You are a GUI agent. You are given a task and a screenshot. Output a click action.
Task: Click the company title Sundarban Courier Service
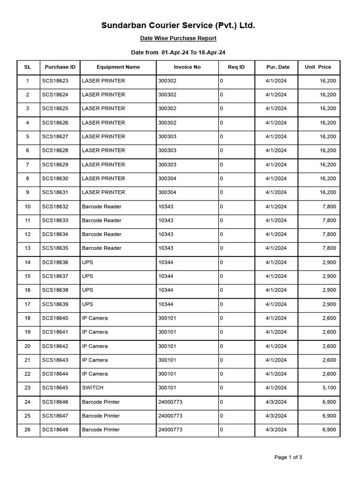[x=178, y=25]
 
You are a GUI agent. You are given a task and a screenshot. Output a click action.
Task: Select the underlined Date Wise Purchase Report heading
[x=179, y=38]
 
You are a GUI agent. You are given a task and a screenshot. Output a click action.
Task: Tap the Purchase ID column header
[x=60, y=67]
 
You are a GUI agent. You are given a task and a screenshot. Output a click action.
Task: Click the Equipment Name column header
[x=118, y=67]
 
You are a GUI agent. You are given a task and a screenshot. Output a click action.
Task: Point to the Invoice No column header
[x=187, y=67]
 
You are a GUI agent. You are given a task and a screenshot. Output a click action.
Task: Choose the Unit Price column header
[x=318, y=67]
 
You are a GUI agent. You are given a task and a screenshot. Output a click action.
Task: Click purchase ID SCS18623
[x=55, y=81]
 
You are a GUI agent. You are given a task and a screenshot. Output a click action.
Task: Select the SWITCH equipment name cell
[x=93, y=388]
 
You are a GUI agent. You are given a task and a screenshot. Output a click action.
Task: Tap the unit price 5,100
[x=329, y=388]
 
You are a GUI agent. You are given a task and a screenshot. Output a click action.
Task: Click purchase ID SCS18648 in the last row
[x=55, y=429]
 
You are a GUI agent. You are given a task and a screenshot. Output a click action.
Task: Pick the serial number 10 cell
[x=28, y=206]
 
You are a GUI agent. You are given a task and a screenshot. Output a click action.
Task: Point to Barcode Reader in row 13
[x=102, y=248]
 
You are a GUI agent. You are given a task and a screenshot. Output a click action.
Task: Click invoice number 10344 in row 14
[x=165, y=262]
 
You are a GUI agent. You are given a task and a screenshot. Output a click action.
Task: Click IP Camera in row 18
[x=95, y=318]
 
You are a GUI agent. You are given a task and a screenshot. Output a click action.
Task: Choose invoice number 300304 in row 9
[x=168, y=192]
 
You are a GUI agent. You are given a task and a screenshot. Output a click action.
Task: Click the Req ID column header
[x=236, y=67]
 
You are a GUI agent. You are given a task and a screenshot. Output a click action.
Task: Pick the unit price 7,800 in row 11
[x=329, y=220]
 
